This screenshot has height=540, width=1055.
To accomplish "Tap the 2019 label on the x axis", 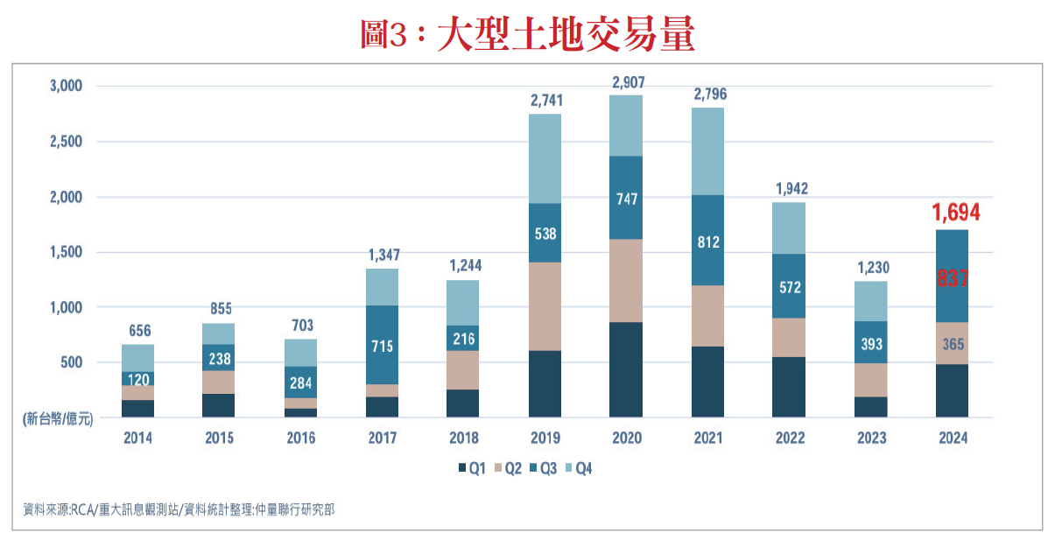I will [x=545, y=438].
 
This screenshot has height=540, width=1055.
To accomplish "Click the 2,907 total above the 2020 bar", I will [x=626, y=83].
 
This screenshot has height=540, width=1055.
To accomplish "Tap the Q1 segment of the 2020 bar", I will [x=626, y=369].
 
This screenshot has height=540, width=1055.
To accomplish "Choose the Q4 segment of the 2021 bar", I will [x=707, y=151].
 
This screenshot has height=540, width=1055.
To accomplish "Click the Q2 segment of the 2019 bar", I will [x=545, y=306].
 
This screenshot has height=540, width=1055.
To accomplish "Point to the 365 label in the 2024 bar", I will [x=953, y=344].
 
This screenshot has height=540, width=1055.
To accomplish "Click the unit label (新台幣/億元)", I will [x=57, y=420].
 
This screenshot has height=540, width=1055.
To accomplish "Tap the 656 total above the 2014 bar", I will [x=138, y=331].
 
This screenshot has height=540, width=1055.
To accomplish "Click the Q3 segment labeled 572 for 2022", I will [x=789, y=286].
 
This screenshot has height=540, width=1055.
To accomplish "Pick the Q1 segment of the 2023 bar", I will [x=870, y=407].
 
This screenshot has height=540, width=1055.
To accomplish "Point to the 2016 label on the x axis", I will [x=300, y=438].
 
